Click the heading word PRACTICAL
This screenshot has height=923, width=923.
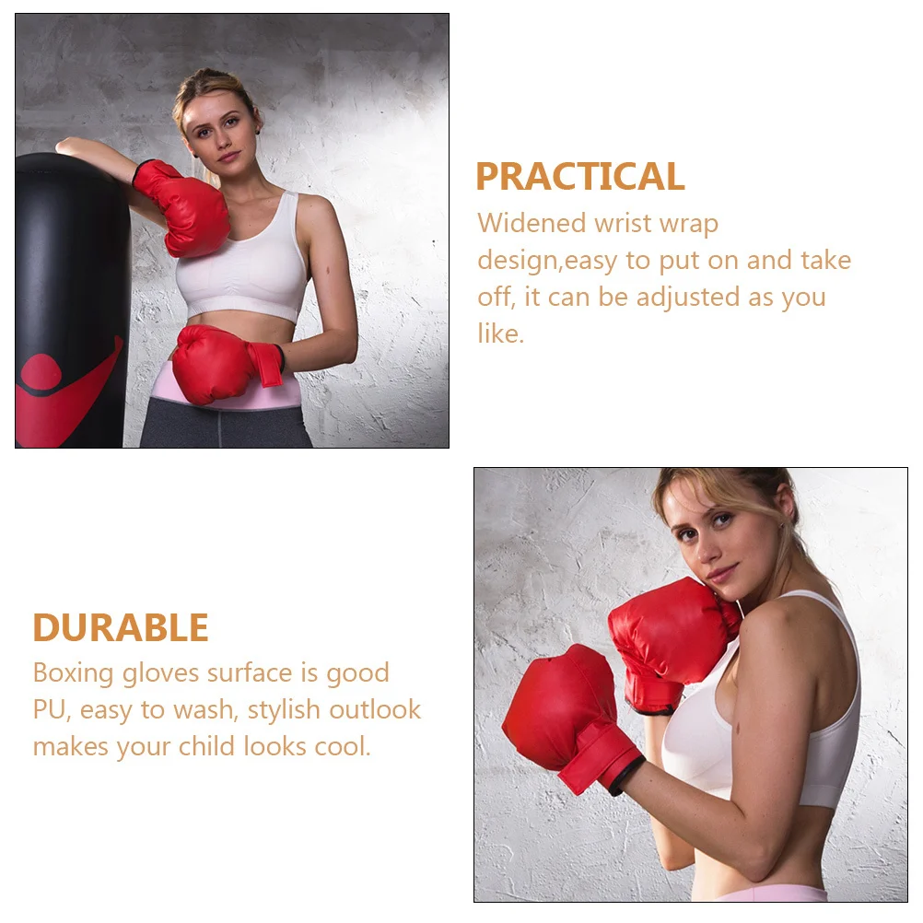point(579,176)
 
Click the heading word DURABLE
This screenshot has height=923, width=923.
point(121,628)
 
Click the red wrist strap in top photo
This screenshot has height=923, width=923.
point(267,363)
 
